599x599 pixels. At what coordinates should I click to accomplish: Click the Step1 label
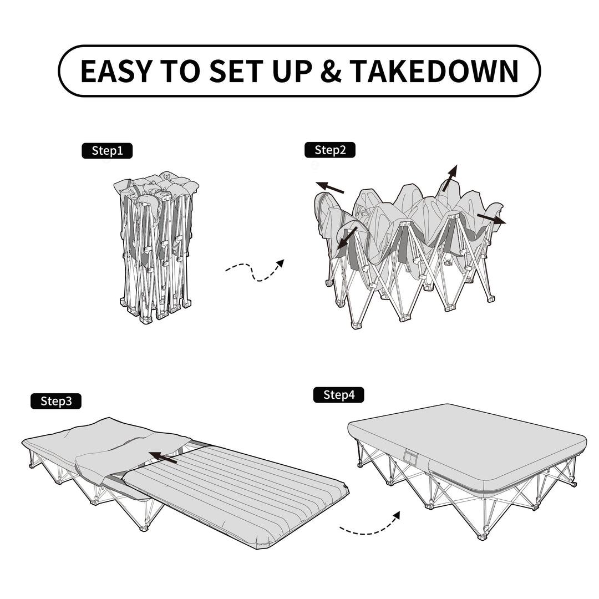tap(107, 151)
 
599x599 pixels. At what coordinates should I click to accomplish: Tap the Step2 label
tap(330, 150)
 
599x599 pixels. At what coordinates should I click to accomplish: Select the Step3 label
tap(55, 401)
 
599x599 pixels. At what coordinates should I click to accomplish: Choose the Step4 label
tap(338, 395)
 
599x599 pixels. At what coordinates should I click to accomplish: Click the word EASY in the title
tap(115, 71)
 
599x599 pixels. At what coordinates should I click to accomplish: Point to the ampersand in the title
tap(331, 71)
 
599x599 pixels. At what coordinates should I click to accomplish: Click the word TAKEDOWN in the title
tap(434, 71)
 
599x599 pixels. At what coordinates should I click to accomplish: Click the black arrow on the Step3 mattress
tap(163, 458)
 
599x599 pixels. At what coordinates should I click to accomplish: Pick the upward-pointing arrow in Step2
tap(450, 177)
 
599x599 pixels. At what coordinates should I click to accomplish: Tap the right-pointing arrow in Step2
tap(491, 219)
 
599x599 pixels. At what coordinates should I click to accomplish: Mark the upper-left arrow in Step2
tap(329, 188)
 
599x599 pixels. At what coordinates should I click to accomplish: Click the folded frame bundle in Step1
tap(156, 247)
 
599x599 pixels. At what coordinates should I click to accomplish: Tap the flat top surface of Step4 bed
tap(466, 438)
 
